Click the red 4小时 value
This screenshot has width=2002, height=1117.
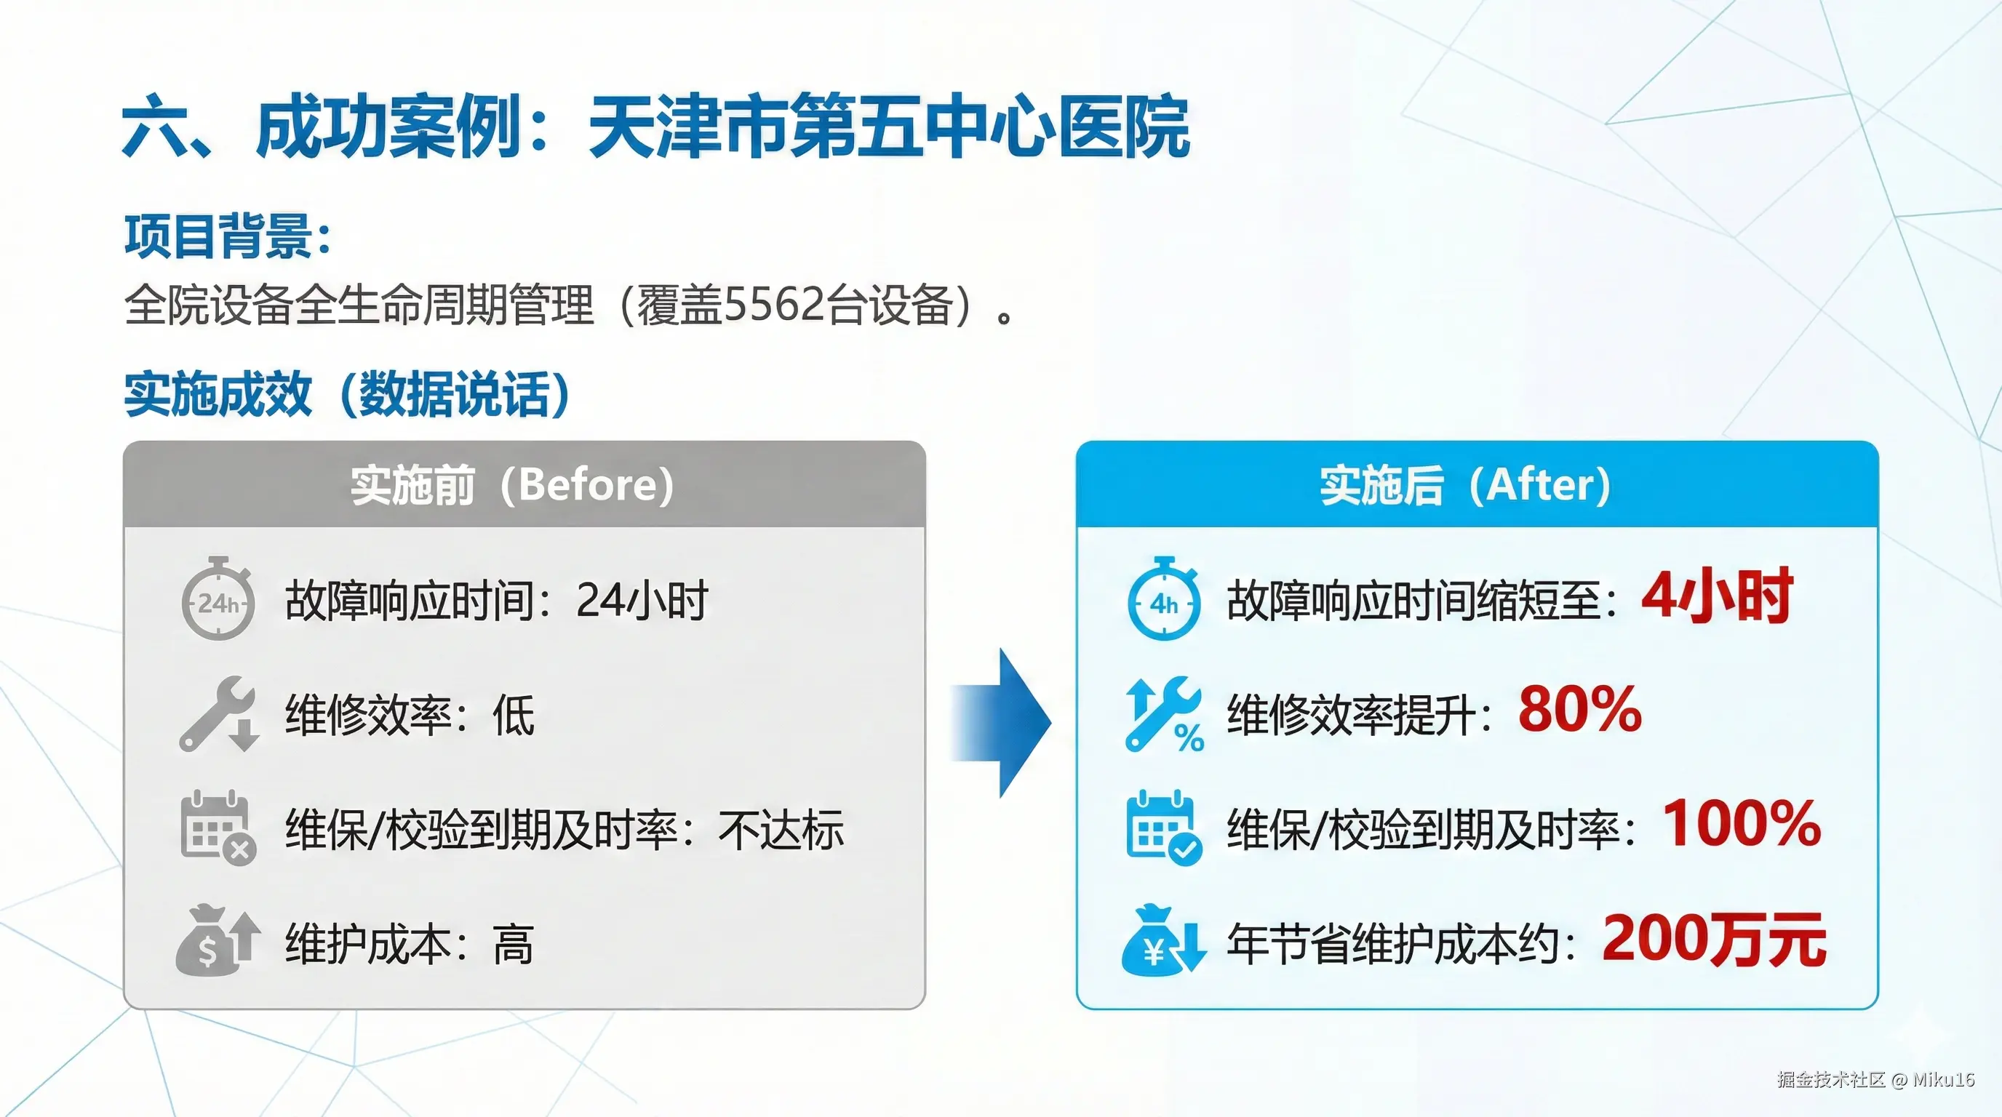click(x=1716, y=596)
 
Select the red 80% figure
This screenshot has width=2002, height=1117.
click(x=1580, y=709)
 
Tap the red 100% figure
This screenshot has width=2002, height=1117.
click(x=1742, y=823)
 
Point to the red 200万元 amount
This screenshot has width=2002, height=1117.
click(x=1715, y=940)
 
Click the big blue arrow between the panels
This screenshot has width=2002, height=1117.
click(x=1002, y=722)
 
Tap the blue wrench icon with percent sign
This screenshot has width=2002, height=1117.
click(x=1164, y=713)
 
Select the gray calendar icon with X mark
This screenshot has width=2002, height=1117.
click(x=218, y=828)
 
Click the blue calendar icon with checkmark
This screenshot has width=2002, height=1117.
click(x=1164, y=828)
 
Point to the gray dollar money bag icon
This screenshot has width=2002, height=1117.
click(x=218, y=940)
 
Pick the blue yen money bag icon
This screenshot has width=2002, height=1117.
click(x=1164, y=940)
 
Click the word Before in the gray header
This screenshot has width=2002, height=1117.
click(x=589, y=485)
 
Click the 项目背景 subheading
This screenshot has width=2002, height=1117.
click(x=219, y=236)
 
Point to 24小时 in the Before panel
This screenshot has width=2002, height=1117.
click(x=642, y=601)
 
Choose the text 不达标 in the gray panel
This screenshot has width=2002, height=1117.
click(x=781, y=830)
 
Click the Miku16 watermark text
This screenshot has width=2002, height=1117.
click(x=1944, y=1079)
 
